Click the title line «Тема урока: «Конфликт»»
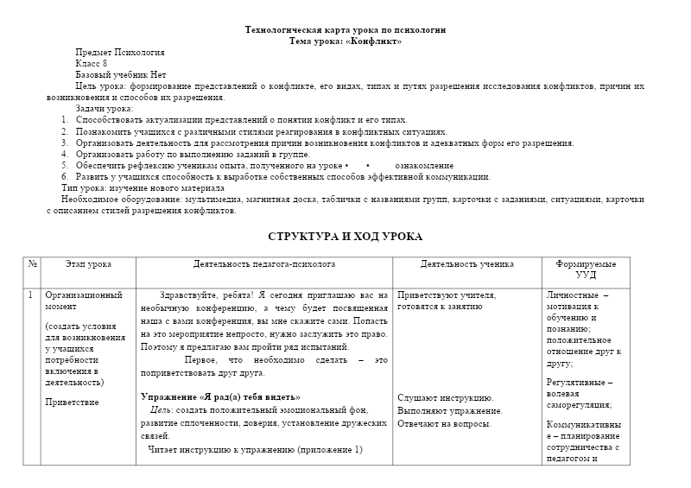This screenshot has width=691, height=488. point(345,41)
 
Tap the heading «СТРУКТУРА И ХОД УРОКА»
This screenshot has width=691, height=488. point(345,236)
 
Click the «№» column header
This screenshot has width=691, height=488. point(32,263)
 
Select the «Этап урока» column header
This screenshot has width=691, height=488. point(88,263)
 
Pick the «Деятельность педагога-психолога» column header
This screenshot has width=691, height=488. point(264,263)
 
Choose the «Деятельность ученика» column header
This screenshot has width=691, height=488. point(467,263)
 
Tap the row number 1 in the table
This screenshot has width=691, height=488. point(30,295)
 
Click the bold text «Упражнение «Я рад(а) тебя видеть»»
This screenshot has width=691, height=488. point(220,396)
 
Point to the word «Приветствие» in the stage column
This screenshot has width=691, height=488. point(72,402)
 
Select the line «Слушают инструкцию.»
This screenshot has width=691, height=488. point(445,397)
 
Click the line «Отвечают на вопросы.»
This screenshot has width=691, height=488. point(444,423)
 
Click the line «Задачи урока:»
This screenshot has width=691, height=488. point(104,109)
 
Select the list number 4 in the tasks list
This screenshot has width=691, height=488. point(65,154)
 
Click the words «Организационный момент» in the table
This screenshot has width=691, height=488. point(85,301)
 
